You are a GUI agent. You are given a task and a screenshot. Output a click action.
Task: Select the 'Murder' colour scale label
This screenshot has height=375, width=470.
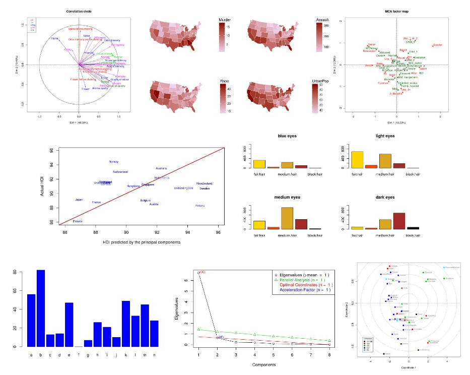click(225, 20)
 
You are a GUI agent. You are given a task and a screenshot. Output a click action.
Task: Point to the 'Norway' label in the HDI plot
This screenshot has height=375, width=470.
click(114, 162)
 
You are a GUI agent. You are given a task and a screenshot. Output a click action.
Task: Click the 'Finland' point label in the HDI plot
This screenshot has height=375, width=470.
click(200, 205)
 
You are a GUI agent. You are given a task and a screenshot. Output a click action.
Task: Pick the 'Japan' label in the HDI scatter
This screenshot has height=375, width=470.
click(79, 200)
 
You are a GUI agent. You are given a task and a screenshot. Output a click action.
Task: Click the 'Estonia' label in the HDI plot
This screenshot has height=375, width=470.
click(78, 221)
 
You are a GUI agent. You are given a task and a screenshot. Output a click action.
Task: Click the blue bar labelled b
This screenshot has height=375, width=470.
click(41, 308)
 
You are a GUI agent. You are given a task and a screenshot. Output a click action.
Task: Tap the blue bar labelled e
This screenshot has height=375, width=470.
click(69, 325)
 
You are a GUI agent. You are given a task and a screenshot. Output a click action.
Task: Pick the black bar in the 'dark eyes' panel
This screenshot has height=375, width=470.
click(413, 228)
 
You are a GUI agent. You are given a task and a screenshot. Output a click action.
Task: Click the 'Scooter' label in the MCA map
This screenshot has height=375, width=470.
click(438, 45)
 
